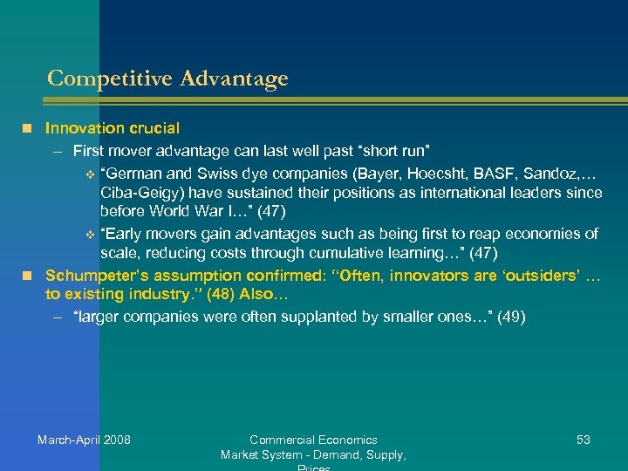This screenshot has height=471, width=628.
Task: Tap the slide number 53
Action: (583, 440)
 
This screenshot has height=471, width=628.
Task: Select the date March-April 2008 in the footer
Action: (84, 440)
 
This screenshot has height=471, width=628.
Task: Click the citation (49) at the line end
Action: (511, 317)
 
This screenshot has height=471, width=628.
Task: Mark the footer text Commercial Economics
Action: (313, 440)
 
